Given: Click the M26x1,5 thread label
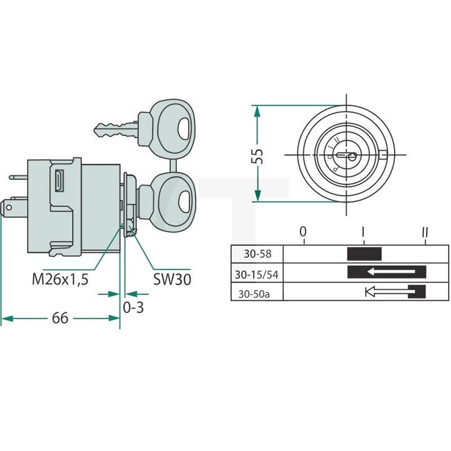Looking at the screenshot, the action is (x=60, y=280).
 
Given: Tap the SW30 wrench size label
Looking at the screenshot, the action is (x=172, y=280).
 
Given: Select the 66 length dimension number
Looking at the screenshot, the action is (x=60, y=318).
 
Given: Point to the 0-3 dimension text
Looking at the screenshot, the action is (x=133, y=307).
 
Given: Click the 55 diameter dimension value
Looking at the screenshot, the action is (x=257, y=156).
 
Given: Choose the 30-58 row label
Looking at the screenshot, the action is (x=257, y=254).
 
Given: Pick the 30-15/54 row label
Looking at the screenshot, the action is (x=257, y=275).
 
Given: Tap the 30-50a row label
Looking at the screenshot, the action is (x=254, y=294).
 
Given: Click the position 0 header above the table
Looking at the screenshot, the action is (x=303, y=232).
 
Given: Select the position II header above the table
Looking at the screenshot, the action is (x=425, y=232).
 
